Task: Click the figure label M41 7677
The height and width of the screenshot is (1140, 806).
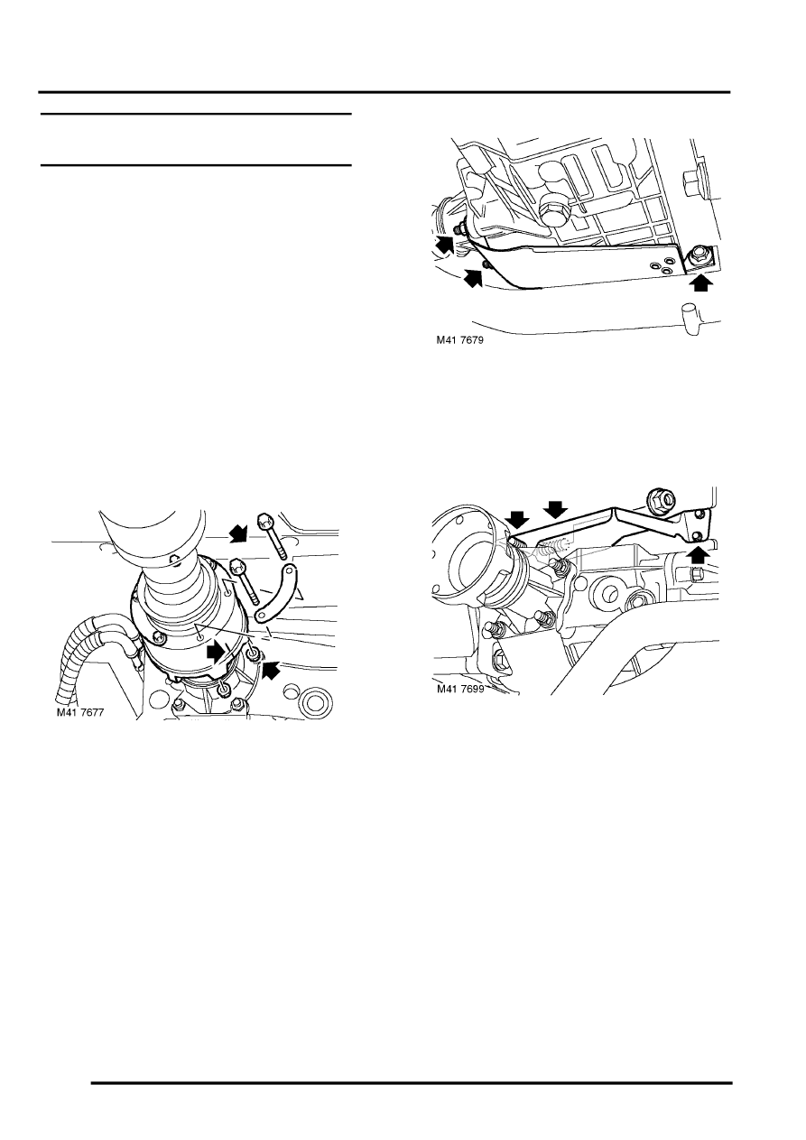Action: click(x=80, y=712)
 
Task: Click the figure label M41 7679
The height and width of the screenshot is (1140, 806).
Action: click(x=460, y=340)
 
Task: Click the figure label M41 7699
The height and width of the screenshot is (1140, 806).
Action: click(x=460, y=689)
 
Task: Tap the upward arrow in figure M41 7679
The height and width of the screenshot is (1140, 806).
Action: click(x=701, y=283)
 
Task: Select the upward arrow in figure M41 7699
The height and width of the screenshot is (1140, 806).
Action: click(x=699, y=553)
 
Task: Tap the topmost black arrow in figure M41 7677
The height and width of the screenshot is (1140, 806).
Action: click(x=238, y=533)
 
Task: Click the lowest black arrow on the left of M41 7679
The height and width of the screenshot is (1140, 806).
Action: click(x=473, y=278)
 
